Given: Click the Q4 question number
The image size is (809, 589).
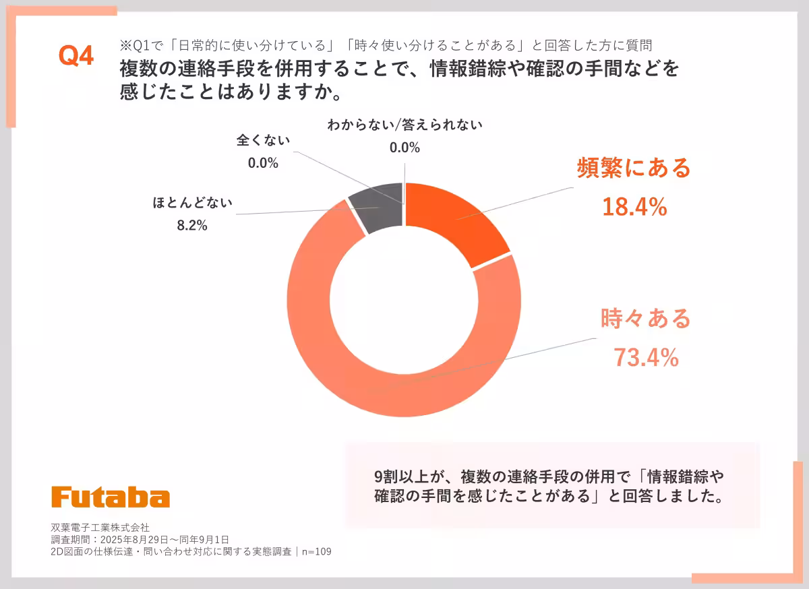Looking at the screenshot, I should point(76,57).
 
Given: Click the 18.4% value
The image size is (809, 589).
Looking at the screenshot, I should point(634,208).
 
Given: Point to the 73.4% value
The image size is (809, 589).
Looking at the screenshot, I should point(645,358).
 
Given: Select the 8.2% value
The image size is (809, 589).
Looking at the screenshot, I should point(191,226).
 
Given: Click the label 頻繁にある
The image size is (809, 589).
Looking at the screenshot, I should point(634,168).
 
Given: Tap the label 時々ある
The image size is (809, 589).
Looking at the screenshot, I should point(645,318).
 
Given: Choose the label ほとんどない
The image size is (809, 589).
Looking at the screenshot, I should point(192,203).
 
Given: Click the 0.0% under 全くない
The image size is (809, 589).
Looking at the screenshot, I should point(263,163).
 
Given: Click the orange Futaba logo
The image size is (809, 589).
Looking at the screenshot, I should point(111,497).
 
